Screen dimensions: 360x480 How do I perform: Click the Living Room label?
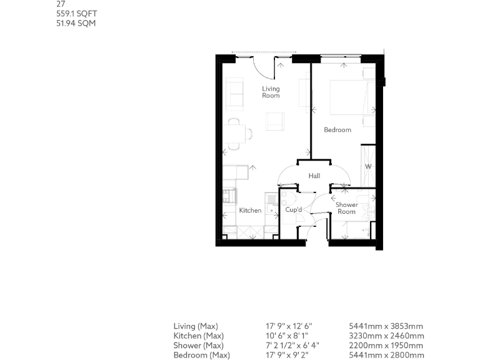pyautogui.click(x=271, y=92)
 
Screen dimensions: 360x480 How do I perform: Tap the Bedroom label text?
pyautogui.click(x=337, y=130)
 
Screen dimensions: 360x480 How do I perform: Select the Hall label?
pyautogui.click(x=314, y=176)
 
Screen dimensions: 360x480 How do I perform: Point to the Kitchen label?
pyautogui.click(x=250, y=211)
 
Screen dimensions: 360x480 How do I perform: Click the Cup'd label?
pyautogui.click(x=294, y=211)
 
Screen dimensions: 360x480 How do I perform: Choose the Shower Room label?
pyautogui.click(x=347, y=208)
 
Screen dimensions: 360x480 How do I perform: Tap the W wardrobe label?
pyautogui.click(x=368, y=167)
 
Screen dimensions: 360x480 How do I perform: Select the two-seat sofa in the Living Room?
pyautogui.click(x=235, y=94)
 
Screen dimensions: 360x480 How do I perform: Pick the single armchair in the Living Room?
pyautogui.click(x=276, y=121)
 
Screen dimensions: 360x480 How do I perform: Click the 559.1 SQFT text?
pyautogui.click(x=76, y=13)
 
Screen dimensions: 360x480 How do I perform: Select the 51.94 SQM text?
pyautogui.click(x=76, y=23)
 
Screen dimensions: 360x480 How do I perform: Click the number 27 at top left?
pyautogui.click(x=61, y=4)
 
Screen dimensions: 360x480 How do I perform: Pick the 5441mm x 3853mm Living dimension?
pyautogui.click(x=386, y=326)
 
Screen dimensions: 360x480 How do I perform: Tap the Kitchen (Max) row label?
pyautogui.click(x=198, y=336)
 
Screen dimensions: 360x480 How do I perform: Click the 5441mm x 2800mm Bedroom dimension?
pyautogui.click(x=386, y=355)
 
